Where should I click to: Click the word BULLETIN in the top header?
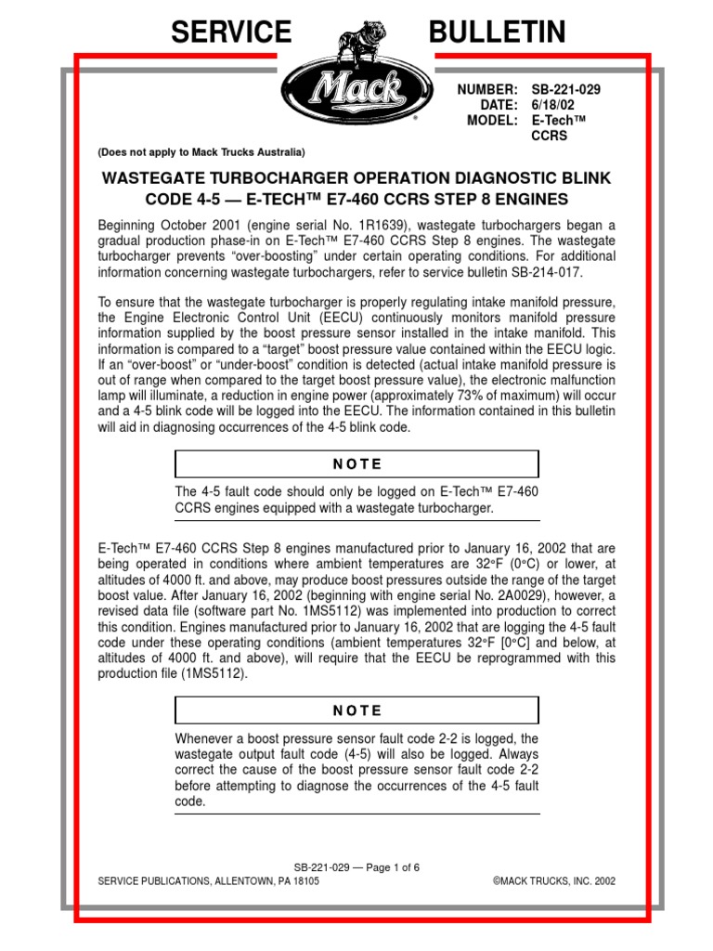497,33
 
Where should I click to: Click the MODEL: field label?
493,121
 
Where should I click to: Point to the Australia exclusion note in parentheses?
201,151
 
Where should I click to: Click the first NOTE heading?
357,464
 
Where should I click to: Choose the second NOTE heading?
357,710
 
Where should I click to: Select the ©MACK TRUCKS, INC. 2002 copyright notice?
553,880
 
